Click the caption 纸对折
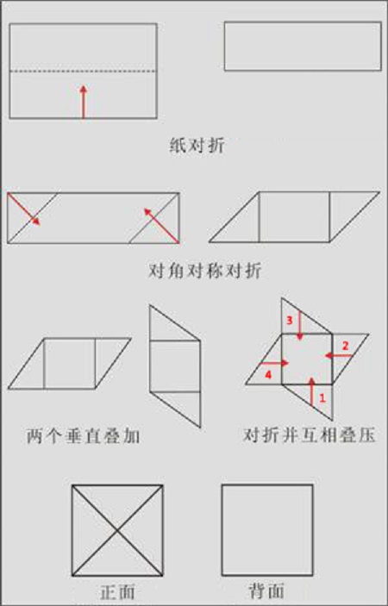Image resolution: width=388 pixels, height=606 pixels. [x=197, y=145]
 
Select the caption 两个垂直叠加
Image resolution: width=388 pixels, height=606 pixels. [x=84, y=437]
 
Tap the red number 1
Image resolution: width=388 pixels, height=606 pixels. [x=322, y=398]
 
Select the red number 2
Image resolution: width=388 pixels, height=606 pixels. [x=345, y=345]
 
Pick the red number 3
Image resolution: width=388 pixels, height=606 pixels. [x=291, y=321]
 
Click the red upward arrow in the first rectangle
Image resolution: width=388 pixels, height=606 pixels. [x=83, y=101]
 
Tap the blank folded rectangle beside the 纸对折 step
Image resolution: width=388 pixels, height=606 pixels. [x=302, y=46]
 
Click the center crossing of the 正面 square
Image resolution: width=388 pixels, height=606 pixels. [x=117, y=529]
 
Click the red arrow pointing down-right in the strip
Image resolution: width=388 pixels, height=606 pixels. [x=29, y=211]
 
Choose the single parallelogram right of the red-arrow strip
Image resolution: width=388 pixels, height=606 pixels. [x=294, y=216]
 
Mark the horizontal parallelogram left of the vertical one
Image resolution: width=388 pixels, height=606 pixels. [x=69, y=363]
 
